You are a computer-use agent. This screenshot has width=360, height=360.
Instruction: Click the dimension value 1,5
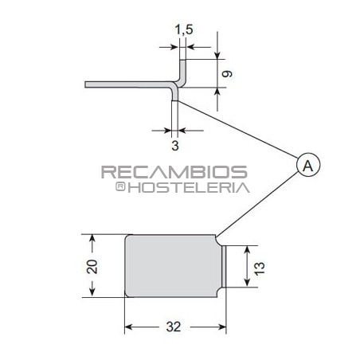[184, 29]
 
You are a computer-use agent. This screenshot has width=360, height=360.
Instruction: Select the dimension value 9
[229, 73]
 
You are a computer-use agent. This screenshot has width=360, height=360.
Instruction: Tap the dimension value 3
[174, 146]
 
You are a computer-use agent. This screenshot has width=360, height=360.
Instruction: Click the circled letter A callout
[308, 165]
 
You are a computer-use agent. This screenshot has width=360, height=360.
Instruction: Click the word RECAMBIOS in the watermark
[174, 172]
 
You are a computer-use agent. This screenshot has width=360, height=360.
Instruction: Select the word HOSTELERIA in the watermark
[189, 188]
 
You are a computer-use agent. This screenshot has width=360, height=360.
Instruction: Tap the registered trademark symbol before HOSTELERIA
[120, 187]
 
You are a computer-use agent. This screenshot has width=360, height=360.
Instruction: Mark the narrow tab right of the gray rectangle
[223, 268]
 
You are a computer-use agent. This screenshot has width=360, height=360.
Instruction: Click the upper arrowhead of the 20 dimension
[93, 238]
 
